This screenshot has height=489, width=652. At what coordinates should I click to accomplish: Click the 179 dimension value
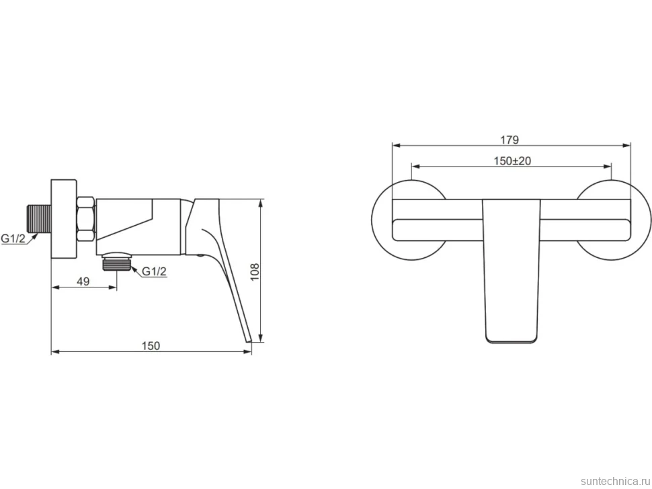pyautogui.click(x=510, y=140)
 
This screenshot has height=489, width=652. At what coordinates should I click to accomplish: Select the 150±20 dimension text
pyautogui.click(x=512, y=161)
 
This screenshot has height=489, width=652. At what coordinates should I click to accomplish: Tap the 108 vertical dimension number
pyautogui.click(x=255, y=272)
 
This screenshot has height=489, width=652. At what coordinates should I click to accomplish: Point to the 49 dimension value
pyautogui.click(x=83, y=281)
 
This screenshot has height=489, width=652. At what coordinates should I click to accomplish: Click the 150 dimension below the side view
pyautogui.click(x=151, y=346)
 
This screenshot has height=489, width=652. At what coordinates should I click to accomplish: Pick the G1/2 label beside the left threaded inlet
pyautogui.click(x=13, y=238)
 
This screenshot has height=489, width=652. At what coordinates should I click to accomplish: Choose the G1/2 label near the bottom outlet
pyautogui.click(x=155, y=271)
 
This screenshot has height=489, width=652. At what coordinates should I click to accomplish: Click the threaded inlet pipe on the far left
pyautogui.click(x=39, y=218)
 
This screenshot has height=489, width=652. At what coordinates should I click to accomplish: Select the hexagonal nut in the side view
pyautogui.click(x=86, y=218)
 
